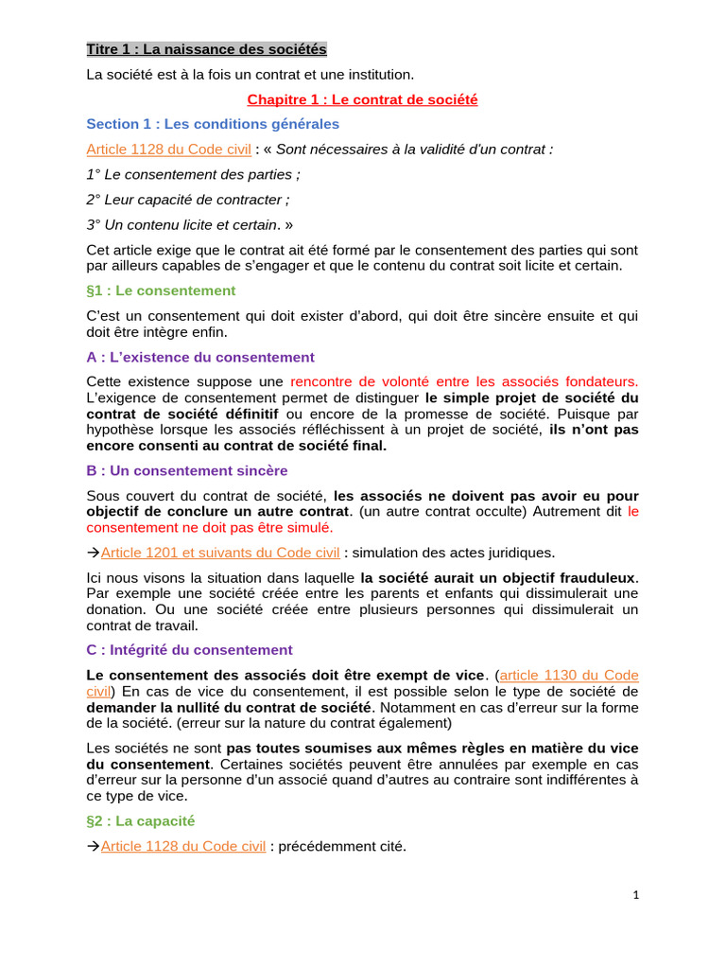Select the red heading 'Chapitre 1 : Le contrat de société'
pyautogui.click(x=362, y=98)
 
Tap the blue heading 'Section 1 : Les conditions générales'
pyautogui.click(x=213, y=124)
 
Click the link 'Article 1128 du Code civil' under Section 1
pyautogui.click(x=168, y=150)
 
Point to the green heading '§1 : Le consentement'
pyautogui.click(x=161, y=291)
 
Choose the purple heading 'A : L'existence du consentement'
pyautogui.click(x=200, y=357)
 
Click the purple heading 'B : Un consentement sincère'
pyautogui.click(x=187, y=470)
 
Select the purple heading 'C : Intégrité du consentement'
pyautogui.click(x=189, y=650)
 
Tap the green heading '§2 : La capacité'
pyautogui.click(x=140, y=820)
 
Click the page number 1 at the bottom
pyautogui.click(x=636, y=894)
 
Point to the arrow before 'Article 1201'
pyautogui.click(x=93, y=553)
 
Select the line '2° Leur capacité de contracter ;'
pyautogui.click(x=188, y=200)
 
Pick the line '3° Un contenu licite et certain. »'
pyautogui.click(x=190, y=225)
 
